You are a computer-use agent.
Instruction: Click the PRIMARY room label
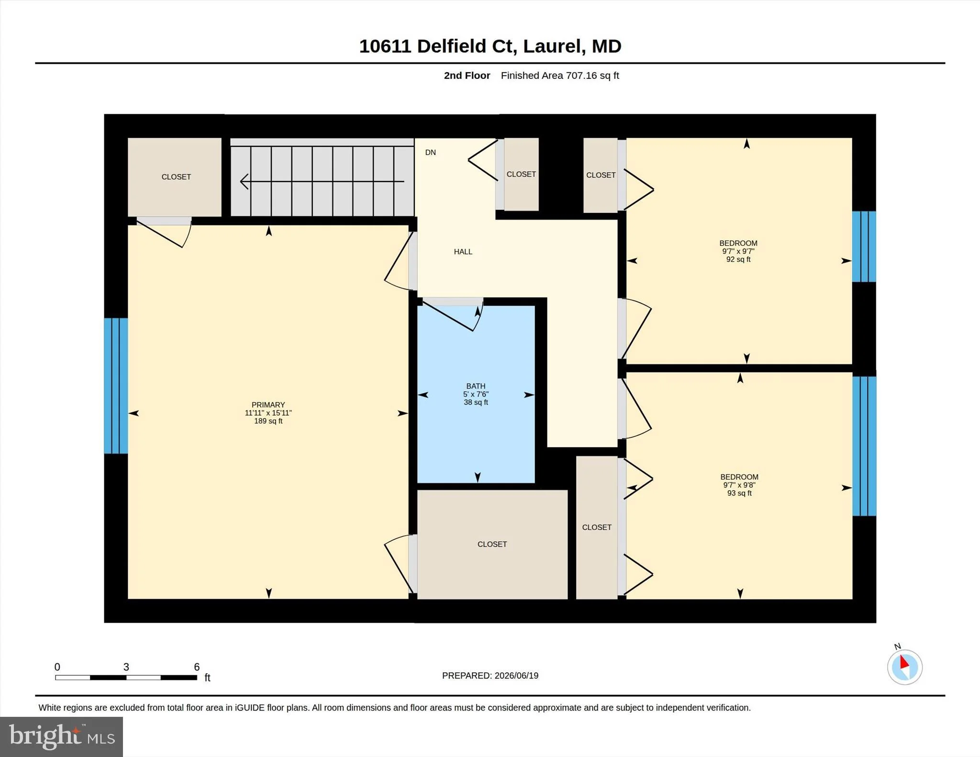click(268, 405)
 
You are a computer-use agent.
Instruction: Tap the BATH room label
click(476, 386)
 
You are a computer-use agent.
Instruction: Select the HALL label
click(463, 252)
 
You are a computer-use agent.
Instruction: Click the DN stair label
click(431, 153)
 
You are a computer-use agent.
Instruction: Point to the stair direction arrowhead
click(244, 181)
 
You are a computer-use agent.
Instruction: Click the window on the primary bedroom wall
click(116, 385)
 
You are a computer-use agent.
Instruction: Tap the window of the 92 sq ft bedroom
click(864, 246)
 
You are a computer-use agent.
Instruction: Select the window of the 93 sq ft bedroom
click(864, 446)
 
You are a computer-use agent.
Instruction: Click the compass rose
click(904, 667)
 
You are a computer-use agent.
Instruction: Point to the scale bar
click(126, 677)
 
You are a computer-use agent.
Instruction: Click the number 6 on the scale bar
click(197, 667)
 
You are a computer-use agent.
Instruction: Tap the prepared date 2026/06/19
click(516, 676)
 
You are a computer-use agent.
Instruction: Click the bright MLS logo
click(61, 736)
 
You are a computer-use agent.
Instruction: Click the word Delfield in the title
click(452, 46)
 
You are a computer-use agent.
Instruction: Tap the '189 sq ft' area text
click(268, 421)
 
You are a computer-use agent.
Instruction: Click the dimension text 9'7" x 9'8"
click(739, 485)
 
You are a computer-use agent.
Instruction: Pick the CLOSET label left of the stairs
click(176, 177)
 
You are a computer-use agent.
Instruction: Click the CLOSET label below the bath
click(492, 544)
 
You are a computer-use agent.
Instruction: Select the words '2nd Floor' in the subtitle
click(467, 76)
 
